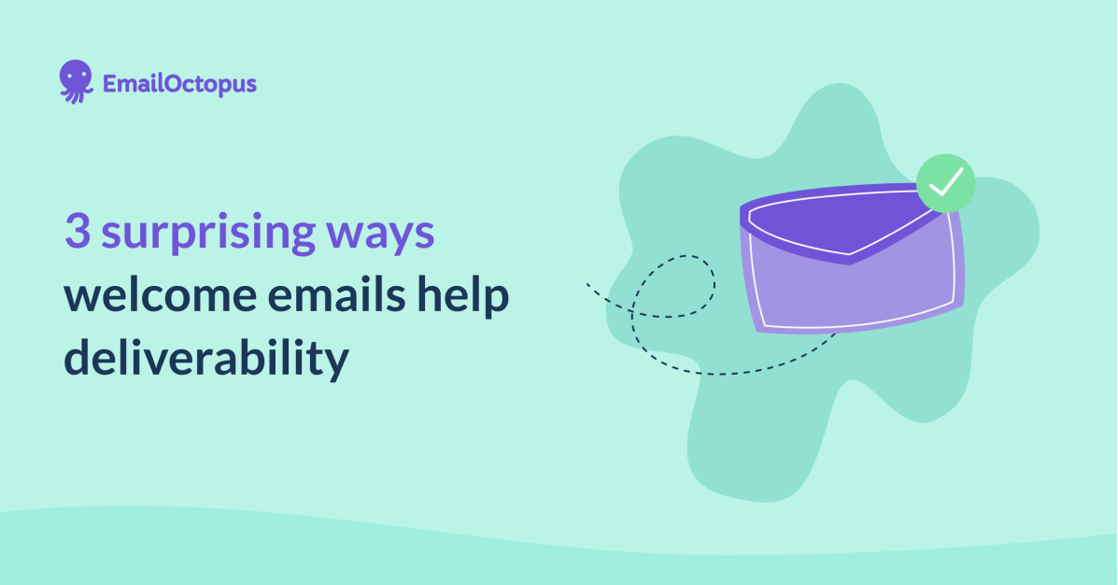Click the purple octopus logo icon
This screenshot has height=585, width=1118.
click(77, 81)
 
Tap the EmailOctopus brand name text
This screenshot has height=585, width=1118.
click(179, 84)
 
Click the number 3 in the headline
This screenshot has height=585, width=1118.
click(78, 232)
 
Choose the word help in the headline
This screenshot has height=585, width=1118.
click(468, 298)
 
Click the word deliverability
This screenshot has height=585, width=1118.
click(205, 361)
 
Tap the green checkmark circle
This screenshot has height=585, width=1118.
click(945, 182)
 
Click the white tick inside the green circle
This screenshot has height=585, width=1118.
click(945, 182)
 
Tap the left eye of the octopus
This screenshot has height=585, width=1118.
click(71, 78)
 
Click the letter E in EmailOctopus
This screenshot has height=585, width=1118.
click(110, 84)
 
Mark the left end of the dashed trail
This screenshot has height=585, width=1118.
click(588, 284)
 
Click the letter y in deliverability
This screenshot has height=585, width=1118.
click(336, 365)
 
